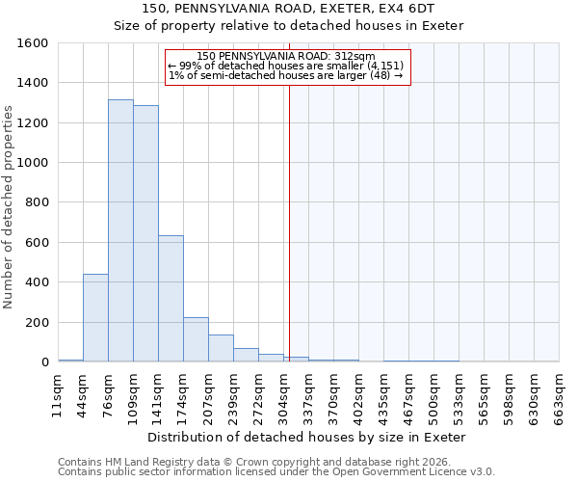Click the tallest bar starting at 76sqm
(x=120, y=230)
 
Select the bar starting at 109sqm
(x=145, y=233)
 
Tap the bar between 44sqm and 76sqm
(x=95, y=318)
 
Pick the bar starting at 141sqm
(x=171, y=299)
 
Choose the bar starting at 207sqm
(x=221, y=348)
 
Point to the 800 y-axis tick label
(x=37, y=203)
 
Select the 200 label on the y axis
(x=37, y=323)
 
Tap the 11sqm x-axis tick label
(x=58, y=394)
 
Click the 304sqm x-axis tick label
(x=283, y=394)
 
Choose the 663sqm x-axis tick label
(x=559, y=394)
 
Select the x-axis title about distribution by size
(x=307, y=437)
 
